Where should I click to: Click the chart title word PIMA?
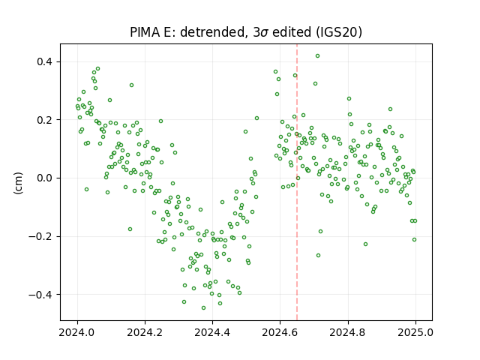145,32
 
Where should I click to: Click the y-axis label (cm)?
18,183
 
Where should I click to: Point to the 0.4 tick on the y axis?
45,61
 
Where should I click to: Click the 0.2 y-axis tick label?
45,120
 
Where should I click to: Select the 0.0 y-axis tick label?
45,178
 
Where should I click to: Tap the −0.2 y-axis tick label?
40,236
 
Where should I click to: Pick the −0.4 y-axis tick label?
40,295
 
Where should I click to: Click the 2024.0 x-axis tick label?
77,332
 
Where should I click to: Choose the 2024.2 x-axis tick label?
145,332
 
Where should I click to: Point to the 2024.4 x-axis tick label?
212,332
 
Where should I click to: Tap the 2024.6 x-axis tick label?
280,332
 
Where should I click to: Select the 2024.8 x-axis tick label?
348,332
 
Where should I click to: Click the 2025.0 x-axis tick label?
415,332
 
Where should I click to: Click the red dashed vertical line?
297,182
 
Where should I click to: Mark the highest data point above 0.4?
318,56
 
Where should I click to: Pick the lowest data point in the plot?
203,308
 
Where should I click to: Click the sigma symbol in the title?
265,33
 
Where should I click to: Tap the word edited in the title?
292,32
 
